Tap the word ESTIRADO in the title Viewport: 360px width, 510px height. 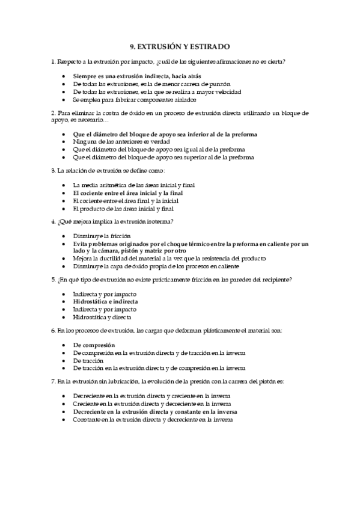[209, 46]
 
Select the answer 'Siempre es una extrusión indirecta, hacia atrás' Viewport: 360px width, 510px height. [141, 76]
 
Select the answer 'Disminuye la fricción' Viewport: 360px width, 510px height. [102, 236]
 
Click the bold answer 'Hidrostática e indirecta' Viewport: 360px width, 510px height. [105, 301]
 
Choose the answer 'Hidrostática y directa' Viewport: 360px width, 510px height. [102, 316]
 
